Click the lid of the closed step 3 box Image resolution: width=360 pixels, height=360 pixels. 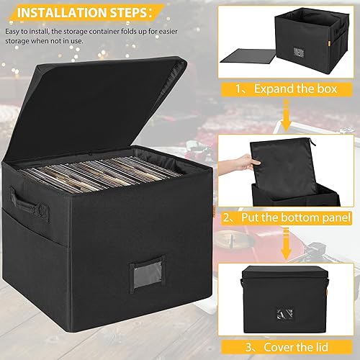tap(295, 270)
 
